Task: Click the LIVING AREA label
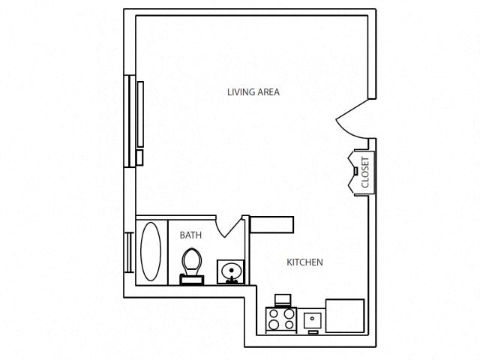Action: pyautogui.click(x=253, y=92)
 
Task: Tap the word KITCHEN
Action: pyautogui.click(x=305, y=262)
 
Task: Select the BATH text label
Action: pyautogui.click(x=190, y=235)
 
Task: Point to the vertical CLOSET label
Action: pyautogui.click(x=365, y=172)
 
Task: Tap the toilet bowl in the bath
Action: pyautogui.click(x=191, y=262)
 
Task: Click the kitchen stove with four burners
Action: pyautogui.click(x=281, y=319)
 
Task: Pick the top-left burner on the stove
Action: pyautogui.click(x=274, y=313)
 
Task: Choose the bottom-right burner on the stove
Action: pyautogui.click(x=288, y=325)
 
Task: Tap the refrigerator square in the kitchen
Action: pyautogui.click(x=344, y=315)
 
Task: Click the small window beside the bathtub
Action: pyautogui.click(x=129, y=253)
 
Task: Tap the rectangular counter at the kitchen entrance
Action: pyautogui.click(x=271, y=225)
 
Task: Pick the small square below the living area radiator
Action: pyautogui.click(x=139, y=157)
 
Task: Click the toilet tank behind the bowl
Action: pyautogui.click(x=191, y=280)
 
